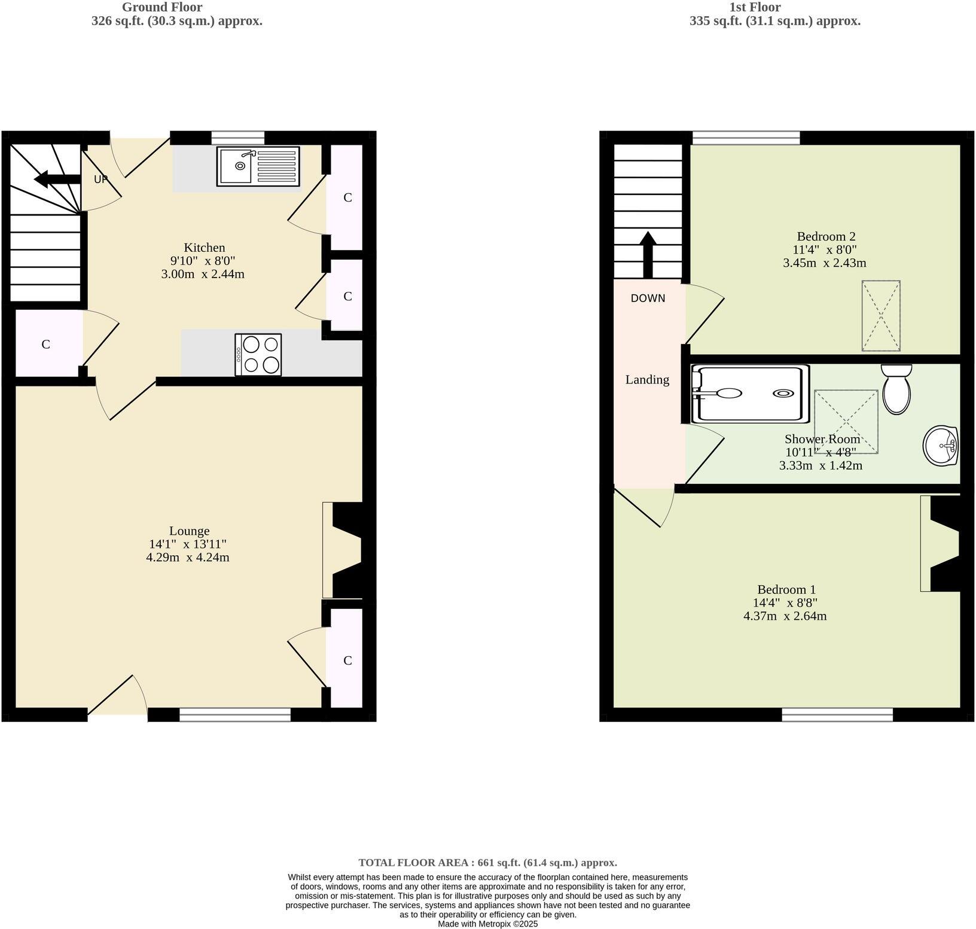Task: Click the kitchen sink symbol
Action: (x=258, y=167)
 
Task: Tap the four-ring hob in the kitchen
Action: (x=258, y=355)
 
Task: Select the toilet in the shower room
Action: (x=896, y=389)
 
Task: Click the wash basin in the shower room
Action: (x=941, y=446)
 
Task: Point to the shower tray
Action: (x=750, y=394)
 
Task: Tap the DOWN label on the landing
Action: (x=648, y=299)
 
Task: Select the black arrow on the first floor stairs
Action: (x=648, y=254)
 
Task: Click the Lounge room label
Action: (x=189, y=531)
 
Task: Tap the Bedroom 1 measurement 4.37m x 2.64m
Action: (x=785, y=616)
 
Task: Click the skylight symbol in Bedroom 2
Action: (x=880, y=316)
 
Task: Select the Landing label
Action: (x=647, y=379)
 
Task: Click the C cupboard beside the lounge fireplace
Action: (x=347, y=660)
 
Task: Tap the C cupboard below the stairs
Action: (x=45, y=345)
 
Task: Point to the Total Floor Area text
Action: (x=487, y=863)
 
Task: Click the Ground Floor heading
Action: (x=162, y=7)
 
